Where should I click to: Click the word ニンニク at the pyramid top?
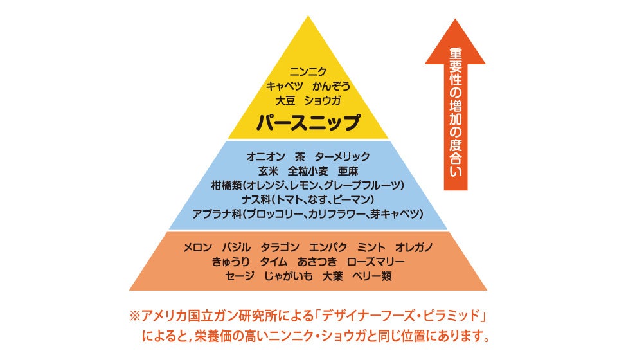[x=308, y=72]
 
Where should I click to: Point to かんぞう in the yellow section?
[x=332, y=86]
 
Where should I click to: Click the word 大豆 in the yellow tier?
[x=286, y=100]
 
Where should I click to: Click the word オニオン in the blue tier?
[x=265, y=156]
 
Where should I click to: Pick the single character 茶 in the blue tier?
[x=300, y=156]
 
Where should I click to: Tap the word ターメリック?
[x=343, y=156]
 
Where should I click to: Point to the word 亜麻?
[x=348, y=171]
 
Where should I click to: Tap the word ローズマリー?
[x=376, y=262]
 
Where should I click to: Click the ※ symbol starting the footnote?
[x=134, y=316]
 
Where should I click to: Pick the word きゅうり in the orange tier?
[x=230, y=262]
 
